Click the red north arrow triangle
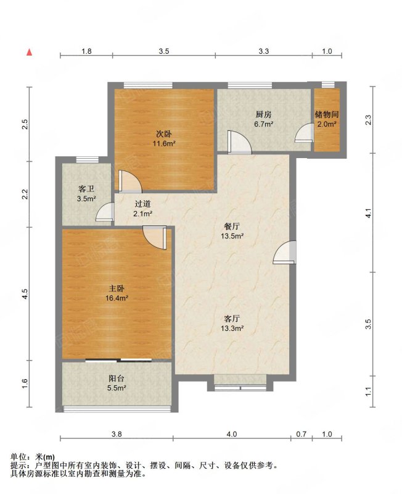click(29, 52)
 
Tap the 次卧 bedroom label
click(164, 134)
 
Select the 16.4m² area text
click(117, 298)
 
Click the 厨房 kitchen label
click(264, 114)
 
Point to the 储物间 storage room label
click(327, 114)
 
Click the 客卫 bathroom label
click(86, 189)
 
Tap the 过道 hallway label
click(142, 204)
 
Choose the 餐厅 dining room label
click(232, 226)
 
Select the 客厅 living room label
click(232, 319)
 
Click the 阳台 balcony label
click(117, 378)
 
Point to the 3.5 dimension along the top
click(164, 51)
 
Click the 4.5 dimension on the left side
click(25, 294)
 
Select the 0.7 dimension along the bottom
click(301, 434)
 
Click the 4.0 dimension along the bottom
click(232, 434)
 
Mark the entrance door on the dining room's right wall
click(285, 252)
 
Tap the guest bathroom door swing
click(105, 212)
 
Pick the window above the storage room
click(328, 85)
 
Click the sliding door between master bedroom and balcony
click(118, 361)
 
